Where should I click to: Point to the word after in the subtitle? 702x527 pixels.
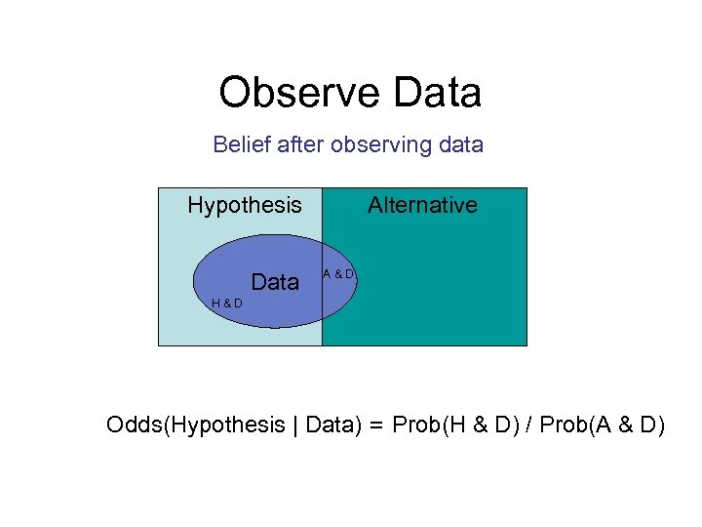pyautogui.click(x=301, y=145)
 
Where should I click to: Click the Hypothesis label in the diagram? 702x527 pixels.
pyautogui.click(x=245, y=205)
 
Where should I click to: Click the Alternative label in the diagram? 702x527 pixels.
pyautogui.click(x=422, y=205)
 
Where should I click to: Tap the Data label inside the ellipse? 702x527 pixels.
pyautogui.click(x=275, y=283)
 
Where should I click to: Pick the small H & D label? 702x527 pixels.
pyautogui.click(x=227, y=303)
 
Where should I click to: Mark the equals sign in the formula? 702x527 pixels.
pyautogui.click(x=375, y=426)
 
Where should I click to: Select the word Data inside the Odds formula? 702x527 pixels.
pyautogui.click(x=326, y=426)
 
